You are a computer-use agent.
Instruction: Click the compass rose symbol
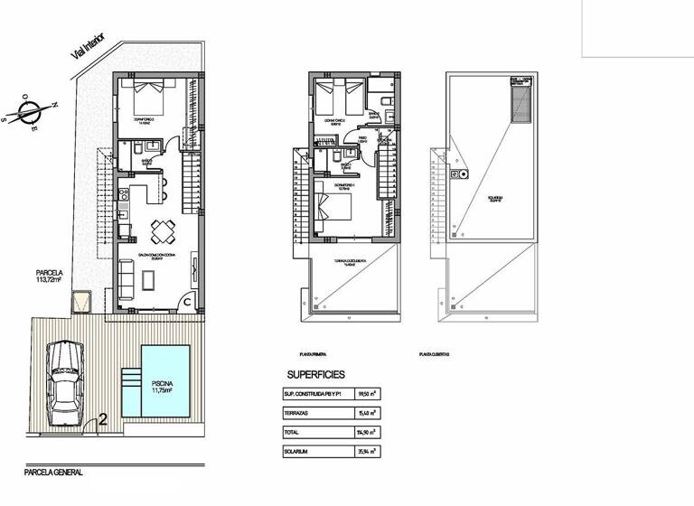pos(30,114)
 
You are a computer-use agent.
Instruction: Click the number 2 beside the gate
pos(103,419)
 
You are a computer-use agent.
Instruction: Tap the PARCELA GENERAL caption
pos(53,472)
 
